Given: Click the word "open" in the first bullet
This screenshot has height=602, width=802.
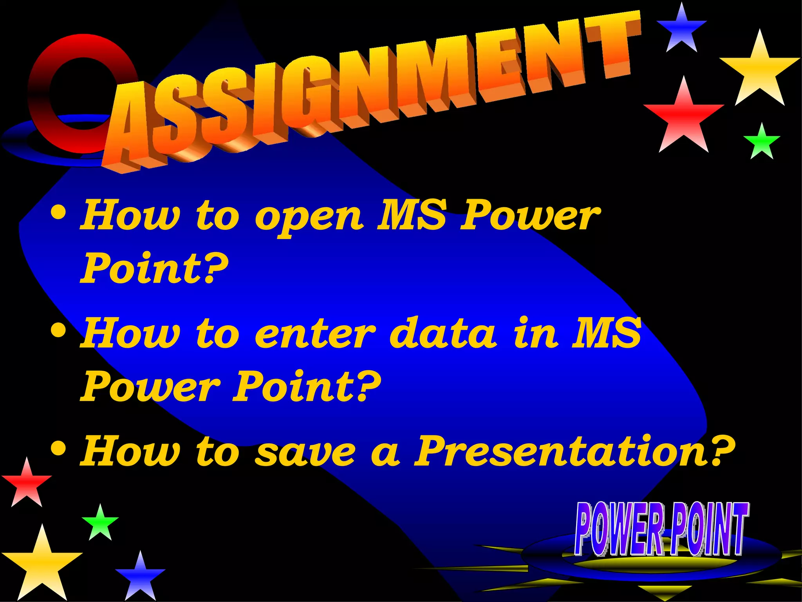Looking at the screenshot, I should point(309,218).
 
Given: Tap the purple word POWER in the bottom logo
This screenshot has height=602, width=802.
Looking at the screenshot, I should point(619,529).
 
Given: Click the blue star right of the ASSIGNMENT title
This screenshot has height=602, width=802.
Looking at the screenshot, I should point(682,29).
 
